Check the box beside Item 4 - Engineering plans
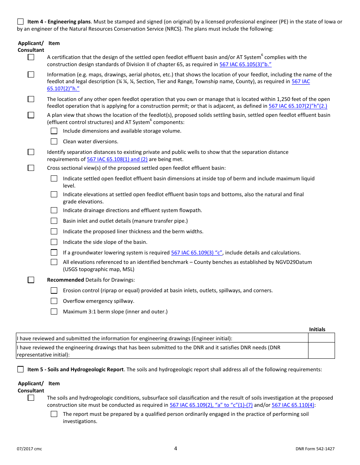click(20, 22)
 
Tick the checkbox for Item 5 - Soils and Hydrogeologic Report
click(20, 369)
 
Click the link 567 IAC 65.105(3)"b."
click(246, 65)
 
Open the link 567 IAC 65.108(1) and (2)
click(117, 160)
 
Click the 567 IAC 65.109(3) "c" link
click(197, 253)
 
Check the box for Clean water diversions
click(54, 141)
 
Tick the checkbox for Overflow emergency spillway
click(54, 301)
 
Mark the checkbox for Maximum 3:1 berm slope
click(54, 312)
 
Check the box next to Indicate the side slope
click(54, 242)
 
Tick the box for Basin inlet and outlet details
click(54, 221)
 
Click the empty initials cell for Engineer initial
click(321, 338)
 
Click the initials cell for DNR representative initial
click(321, 350)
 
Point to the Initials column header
click(317, 329)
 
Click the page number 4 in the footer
click(175, 448)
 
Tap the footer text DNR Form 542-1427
click(315, 449)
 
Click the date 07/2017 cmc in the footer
click(30, 449)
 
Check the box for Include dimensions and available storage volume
click(54, 131)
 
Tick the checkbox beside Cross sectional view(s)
click(31, 168)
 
